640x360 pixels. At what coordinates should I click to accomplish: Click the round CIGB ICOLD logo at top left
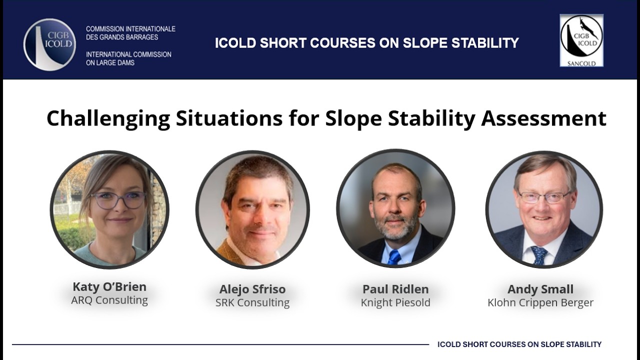tap(49, 44)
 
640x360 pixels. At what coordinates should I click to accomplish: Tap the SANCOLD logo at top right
tap(581, 40)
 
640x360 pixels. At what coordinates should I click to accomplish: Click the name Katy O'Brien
tap(109, 287)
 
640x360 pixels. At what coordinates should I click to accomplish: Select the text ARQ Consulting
tap(109, 300)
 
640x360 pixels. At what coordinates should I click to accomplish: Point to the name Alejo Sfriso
tap(252, 289)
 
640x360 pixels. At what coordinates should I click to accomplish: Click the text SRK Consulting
tap(252, 302)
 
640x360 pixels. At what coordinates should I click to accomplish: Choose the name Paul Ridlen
tap(395, 289)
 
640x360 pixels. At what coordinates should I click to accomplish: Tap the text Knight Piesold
tap(395, 302)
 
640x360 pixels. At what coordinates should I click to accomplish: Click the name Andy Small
tap(540, 289)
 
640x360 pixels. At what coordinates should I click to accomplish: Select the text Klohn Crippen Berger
tap(540, 302)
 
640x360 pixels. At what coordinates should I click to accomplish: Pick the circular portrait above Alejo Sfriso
tap(252, 209)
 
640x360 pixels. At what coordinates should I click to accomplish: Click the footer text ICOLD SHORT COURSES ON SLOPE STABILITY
tap(519, 344)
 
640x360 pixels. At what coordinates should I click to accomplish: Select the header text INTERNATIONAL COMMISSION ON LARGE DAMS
tap(128, 58)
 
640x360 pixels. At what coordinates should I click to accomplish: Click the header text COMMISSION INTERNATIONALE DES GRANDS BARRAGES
tap(130, 33)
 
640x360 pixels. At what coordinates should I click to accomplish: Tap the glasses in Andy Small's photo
tap(543, 197)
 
